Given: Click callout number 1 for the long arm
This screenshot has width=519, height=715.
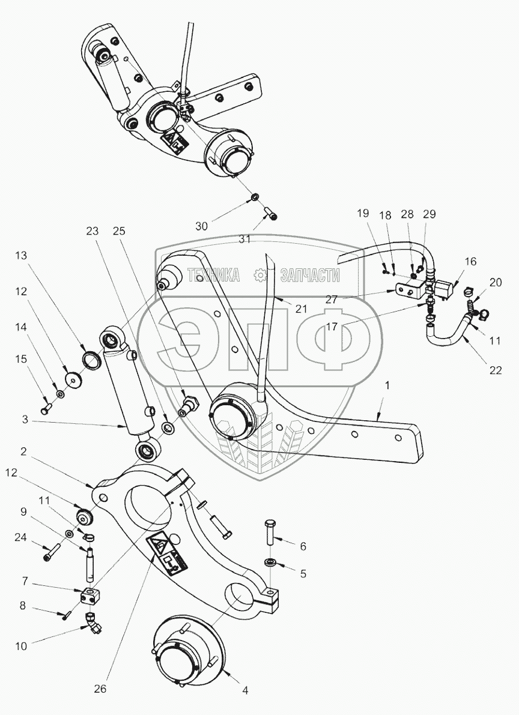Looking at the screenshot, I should pyautogui.click(x=387, y=387).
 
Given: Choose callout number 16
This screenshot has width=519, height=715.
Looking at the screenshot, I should pyautogui.click(x=470, y=261).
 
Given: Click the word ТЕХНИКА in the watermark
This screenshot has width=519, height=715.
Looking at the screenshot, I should pyautogui.click(x=213, y=276).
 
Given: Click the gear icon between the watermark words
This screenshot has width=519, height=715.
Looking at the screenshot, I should pyautogui.click(x=260, y=276).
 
